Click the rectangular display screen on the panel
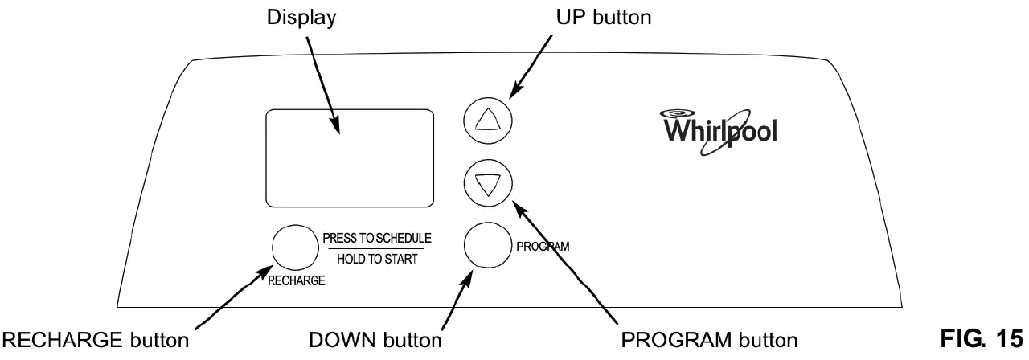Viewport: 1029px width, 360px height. (350, 158)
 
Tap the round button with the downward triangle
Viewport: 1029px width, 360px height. (488, 184)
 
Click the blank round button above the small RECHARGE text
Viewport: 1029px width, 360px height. (295, 247)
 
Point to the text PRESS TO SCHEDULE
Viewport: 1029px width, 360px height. (377, 238)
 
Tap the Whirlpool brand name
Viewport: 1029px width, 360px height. (719, 131)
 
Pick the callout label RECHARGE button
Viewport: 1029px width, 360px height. (96, 340)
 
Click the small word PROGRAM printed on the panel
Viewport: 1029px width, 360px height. (543, 247)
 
